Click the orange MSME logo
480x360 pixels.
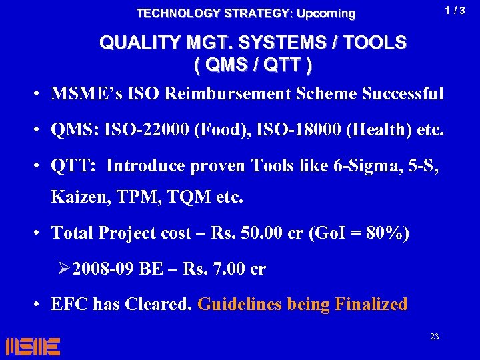tap(33, 346)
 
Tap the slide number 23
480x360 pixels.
tap(434, 337)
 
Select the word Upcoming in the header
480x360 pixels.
tap(326, 13)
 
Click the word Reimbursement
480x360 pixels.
tap(253, 93)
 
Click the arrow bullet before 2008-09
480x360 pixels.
tap(64, 269)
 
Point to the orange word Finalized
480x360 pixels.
tap(371, 305)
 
